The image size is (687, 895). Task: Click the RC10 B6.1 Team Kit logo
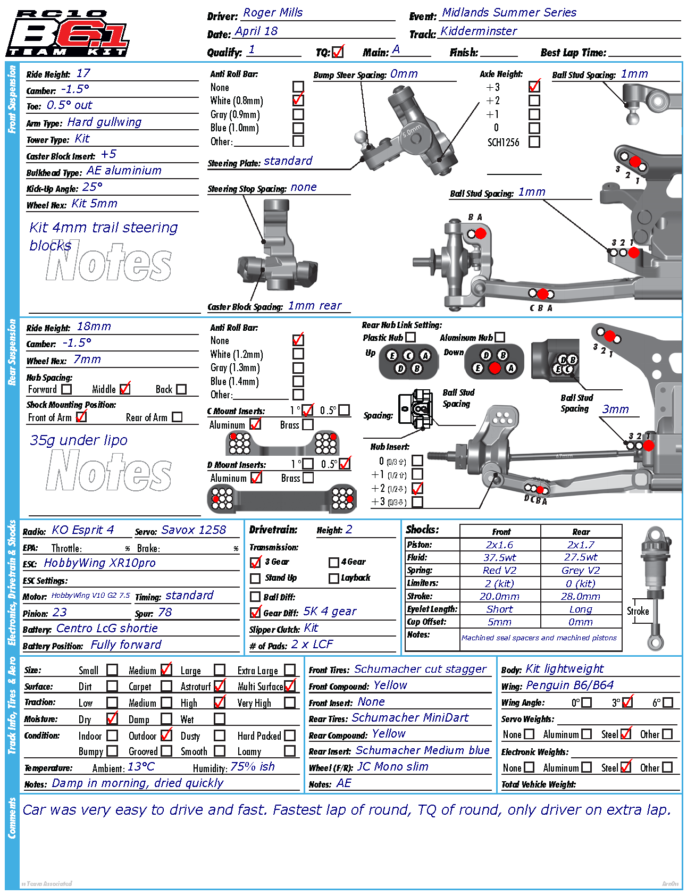click(68, 33)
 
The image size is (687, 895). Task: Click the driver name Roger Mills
click(273, 13)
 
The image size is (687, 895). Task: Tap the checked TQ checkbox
click(338, 52)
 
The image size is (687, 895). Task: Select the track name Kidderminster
click(479, 31)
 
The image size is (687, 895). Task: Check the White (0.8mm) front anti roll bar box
click(298, 100)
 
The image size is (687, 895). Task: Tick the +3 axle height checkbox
click(534, 87)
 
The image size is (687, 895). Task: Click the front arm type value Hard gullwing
click(104, 122)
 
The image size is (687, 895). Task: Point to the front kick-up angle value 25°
click(93, 187)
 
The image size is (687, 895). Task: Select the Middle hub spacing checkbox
click(125, 389)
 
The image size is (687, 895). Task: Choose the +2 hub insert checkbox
click(417, 488)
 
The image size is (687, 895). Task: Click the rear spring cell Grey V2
click(581, 571)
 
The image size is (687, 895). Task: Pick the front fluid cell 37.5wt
click(500, 558)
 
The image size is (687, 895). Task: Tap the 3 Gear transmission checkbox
click(256, 562)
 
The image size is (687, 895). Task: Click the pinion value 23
click(60, 613)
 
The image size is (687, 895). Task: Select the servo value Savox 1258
click(194, 530)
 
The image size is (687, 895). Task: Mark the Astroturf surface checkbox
click(220, 686)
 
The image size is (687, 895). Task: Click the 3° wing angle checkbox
click(627, 702)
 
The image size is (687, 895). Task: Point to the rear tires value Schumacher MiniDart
click(410, 718)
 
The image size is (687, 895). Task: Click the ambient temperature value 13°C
click(141, 767)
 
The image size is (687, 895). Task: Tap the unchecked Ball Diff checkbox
click(255, 597)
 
